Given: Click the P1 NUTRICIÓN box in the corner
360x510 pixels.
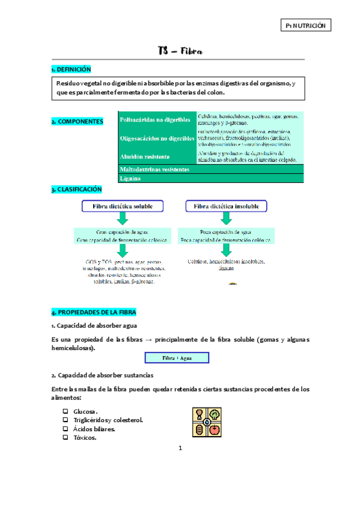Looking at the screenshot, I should tap(306, 26).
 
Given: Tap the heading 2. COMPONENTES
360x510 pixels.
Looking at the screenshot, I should tap(77, 121).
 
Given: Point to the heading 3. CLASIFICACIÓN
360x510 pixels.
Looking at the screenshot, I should tap(76, 189).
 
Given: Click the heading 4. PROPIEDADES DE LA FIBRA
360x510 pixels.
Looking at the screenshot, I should tap(94, 312).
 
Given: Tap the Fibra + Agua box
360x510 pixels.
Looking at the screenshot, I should tap(177, 358).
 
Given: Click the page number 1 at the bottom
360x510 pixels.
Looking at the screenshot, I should tap(180, 448).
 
